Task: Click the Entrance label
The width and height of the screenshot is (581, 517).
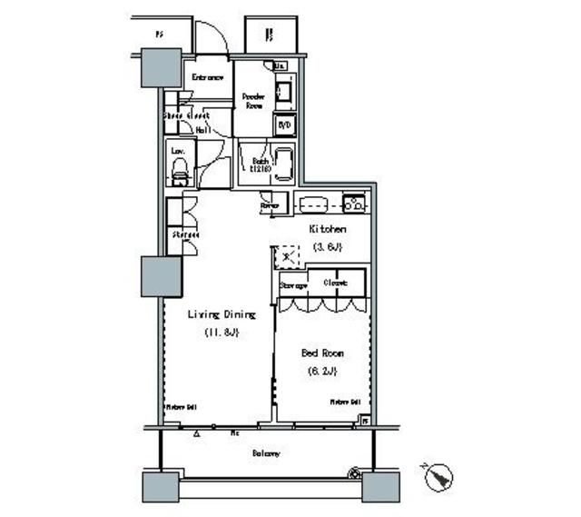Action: [x=207, y=77]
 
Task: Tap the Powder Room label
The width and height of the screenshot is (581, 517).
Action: [x=253, y=100]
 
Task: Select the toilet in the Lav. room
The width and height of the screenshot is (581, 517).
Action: [x=180, y=169]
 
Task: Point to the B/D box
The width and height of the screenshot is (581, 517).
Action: [x=283, y=124]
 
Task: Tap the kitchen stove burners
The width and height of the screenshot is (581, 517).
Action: [x=355, y=204]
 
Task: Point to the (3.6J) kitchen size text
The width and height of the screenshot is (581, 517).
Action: [x=328, y=246]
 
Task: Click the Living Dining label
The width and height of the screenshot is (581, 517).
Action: [x=222, y=314]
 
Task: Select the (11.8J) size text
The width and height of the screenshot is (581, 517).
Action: [x=222, y=333]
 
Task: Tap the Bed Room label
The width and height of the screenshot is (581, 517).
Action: [x=322, y=352]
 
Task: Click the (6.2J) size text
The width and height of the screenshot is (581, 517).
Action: [x=322, y=370]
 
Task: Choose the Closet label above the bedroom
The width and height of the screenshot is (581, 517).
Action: [x=336, y=284]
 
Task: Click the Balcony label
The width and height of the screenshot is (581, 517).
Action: [x=266, y=452]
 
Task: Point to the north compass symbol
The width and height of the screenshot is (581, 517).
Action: [x=439, y=475]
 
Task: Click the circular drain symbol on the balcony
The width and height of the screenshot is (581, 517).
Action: [x=355, y=472]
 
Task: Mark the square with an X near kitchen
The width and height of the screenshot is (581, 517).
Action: [x=288, y=257]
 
